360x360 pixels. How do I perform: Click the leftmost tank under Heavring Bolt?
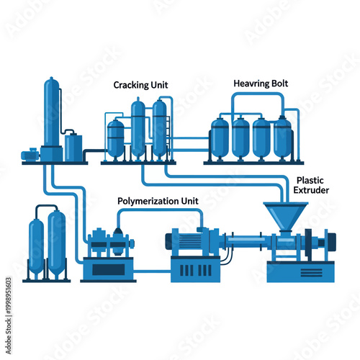coord(220,138)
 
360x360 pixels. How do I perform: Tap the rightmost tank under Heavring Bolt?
coord(282,138)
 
